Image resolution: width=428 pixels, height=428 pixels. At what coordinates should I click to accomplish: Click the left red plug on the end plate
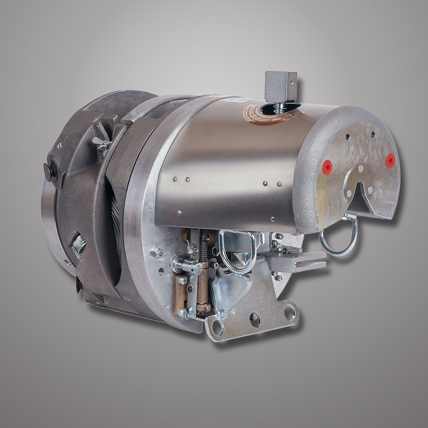(x=327, y=167)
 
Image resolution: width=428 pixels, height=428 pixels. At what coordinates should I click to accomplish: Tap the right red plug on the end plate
(x=390, y=160)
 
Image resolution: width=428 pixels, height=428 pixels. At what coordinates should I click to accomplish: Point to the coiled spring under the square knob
(x=280, y=107)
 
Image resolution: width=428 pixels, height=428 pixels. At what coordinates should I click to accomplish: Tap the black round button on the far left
(x=49, y=171)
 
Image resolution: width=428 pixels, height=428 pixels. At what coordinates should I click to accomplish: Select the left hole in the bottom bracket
(x=217, y=327)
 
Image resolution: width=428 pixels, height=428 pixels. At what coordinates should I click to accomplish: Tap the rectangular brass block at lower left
(x=179, y=295)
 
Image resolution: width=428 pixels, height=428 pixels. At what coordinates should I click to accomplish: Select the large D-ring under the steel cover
(x=238, y=253)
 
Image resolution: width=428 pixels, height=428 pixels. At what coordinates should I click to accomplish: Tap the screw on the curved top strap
(x=134, y=113)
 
